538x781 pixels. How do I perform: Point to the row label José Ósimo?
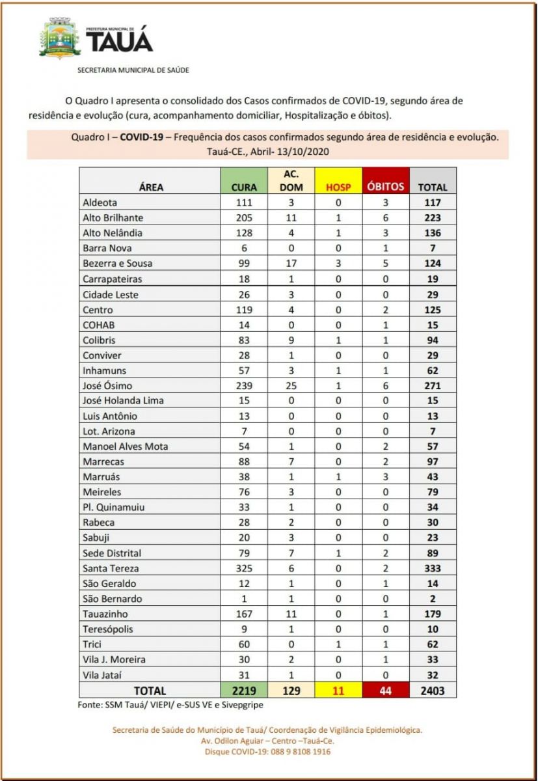click(108, 385)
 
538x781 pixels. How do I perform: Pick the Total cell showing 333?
click(433, 568)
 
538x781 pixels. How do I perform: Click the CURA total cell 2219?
click(244, 691)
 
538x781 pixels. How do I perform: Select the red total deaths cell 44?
click(384, 691)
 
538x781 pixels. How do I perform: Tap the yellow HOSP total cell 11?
click(338, 691)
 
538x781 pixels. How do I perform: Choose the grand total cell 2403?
click(433, 691)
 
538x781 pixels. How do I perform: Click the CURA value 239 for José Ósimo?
click(244, 385)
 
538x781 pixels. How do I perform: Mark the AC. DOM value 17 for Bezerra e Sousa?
click(291, 264)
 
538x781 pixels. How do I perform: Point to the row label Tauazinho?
click(105, 614)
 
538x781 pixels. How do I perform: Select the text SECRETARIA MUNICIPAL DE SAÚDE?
click(133, 70)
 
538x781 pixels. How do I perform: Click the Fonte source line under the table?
click(170, 705)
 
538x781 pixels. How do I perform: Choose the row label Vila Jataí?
click(101, 675)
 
